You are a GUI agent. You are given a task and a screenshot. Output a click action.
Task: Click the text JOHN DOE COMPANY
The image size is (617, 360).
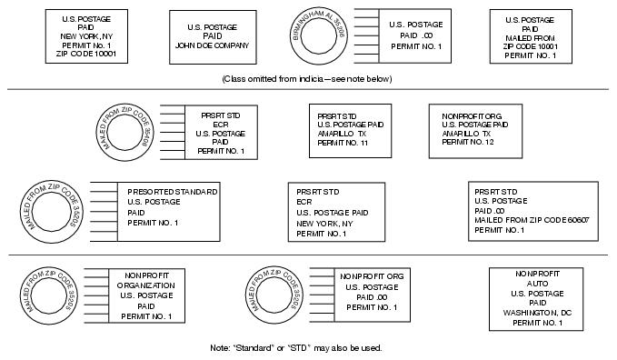point(212,44)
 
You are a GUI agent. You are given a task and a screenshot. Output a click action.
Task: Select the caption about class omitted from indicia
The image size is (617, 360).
point(307,79)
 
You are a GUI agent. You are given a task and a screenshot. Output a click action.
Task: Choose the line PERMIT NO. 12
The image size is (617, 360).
point(468,142)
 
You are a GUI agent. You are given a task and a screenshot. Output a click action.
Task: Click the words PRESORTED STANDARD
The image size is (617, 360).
point(173,192)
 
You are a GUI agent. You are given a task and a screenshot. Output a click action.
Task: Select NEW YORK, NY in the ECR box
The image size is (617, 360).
point(323,223)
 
